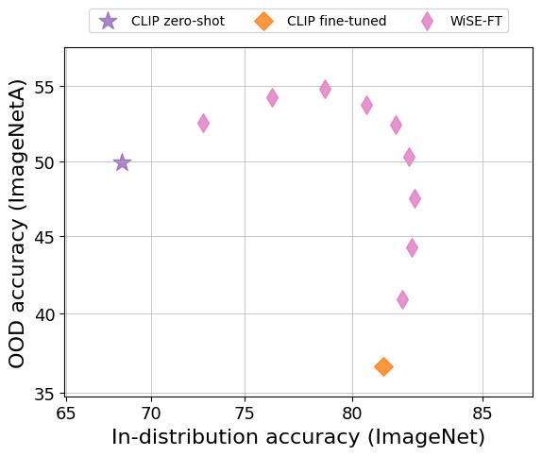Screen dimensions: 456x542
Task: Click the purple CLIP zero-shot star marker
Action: point(122,162)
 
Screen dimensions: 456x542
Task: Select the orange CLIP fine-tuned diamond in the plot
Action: point(383,366)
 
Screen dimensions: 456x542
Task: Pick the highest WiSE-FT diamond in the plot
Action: point(325,89)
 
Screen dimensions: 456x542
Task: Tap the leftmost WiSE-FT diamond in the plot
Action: point(203,123)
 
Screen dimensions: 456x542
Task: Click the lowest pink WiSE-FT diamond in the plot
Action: point(402,299)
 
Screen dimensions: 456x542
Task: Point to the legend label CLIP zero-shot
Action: point(178,21)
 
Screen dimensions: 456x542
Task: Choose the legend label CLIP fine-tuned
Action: point(337,21)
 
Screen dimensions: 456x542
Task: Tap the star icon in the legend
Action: point(109,21)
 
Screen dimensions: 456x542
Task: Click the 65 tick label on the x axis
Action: point(66,413)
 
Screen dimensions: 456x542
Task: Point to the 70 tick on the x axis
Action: point(151,413)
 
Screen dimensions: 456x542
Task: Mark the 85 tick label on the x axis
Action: point(483,413)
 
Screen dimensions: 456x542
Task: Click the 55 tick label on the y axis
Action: point(44,87)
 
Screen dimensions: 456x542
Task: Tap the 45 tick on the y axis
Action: point(44,238)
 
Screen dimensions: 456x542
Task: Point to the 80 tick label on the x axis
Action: point(353,413)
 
